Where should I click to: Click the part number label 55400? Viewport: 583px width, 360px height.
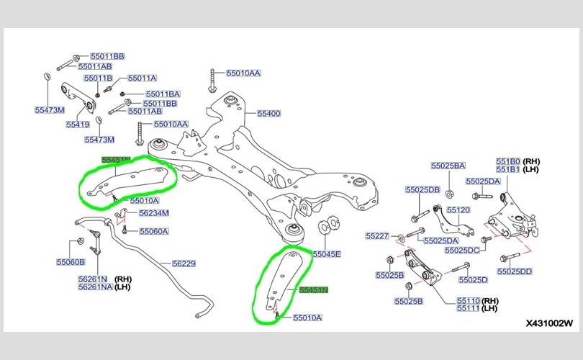click(268, 114)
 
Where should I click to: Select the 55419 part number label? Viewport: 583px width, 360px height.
click(78, 125)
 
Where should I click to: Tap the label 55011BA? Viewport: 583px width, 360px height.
click(163, 94)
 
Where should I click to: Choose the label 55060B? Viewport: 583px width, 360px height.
click(71, 263)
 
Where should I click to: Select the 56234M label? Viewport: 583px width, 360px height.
click(153, 213)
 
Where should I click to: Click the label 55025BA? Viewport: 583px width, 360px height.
click(448, 165)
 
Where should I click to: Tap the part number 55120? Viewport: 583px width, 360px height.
click(458, 210)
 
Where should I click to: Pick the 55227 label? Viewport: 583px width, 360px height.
click(376, 235)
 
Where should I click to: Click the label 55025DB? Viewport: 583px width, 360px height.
click(422, 189)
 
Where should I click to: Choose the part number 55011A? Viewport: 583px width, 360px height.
click(142, 78)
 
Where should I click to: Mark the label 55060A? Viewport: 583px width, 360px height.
click(153, 232)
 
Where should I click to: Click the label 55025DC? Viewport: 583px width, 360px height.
click(461, 250)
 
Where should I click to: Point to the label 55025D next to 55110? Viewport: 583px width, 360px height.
click(472, 279)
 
